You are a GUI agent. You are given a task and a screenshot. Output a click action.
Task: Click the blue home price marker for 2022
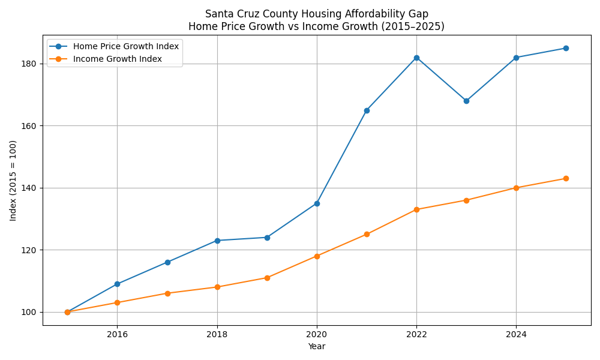(x=416, y=58)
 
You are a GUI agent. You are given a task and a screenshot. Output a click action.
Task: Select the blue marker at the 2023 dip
(x=466, y=101)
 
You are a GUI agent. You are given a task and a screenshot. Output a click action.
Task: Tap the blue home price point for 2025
(x=566, y=48)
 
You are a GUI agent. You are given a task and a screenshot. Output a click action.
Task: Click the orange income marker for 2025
(x=566, y=178)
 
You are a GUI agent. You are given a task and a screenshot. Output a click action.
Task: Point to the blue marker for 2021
(x=367, y=110)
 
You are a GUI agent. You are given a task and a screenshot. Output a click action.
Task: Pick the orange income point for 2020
(x=317, y=256)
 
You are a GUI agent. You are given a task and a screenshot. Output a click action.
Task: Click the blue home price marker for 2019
(x=267, y=238)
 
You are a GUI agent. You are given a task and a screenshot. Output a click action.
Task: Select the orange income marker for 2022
(x=416, y=209)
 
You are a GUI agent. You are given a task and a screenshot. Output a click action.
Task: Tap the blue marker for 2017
(x=167, y=262)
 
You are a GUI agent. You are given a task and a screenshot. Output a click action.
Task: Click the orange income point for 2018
(x=217, y=287)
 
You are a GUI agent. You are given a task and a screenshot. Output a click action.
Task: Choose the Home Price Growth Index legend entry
(x=125, y=46)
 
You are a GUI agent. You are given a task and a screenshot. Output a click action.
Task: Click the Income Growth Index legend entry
(x=117, y=59)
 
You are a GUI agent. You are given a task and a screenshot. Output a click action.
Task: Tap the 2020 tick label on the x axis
(x=317, y=334)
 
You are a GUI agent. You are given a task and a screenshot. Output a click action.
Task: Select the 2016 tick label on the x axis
(x=117, y=334)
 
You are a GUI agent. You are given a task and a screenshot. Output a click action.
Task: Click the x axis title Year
(x=316, y=346)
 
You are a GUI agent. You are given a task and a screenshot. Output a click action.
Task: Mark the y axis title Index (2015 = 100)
(x=13, y=180)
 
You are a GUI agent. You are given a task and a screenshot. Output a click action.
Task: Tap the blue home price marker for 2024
(x=516, y=58)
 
